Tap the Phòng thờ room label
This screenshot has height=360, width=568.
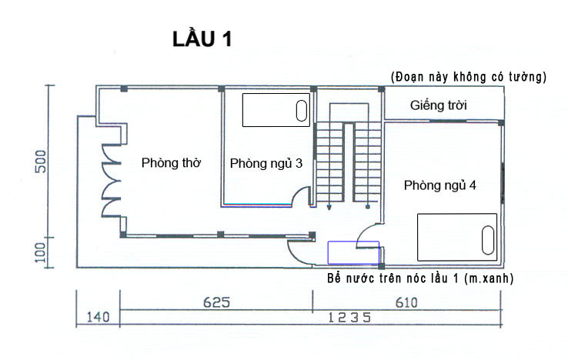(x=171, y=163)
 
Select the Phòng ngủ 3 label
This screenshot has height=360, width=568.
(x=266, y=164)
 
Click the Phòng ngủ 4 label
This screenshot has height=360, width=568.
(x=439, y=185)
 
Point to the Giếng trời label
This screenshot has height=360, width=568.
(x=439, y=105)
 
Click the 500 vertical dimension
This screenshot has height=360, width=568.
(x=41, y=162)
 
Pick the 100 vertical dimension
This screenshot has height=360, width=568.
(x=41, y=252)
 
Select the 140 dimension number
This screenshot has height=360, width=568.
(x=98, y=317)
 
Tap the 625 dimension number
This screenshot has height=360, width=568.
(x=216, y=302)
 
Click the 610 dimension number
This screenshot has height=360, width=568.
(x=406, y=302)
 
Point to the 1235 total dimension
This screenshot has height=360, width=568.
(x=349, y=318)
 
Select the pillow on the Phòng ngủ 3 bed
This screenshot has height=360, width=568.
(x=302, y=111)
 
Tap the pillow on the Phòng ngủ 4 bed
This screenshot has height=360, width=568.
(x=488, y=240)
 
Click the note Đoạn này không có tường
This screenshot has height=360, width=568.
(x=469, y=77)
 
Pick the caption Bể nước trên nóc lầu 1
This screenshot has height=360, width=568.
(x=420, y=278)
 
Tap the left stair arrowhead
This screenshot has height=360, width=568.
(x=329, y=208)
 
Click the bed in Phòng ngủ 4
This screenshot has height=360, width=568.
(x=457, y=237)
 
